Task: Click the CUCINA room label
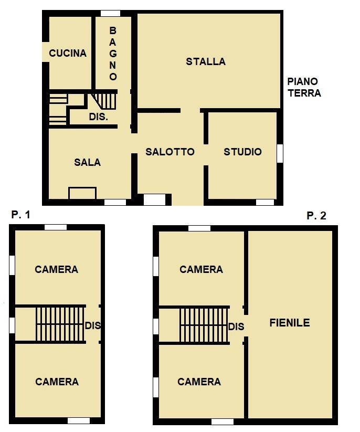pos(68,53)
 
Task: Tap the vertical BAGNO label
pos(113,54)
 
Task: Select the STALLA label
pos(206,61)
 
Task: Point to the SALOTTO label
pos(170,152)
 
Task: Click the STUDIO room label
pos(242,152)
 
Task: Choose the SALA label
pos(87,162)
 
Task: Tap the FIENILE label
pos(290,323)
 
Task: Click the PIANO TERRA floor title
pos(304,87)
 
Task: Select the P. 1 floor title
pos(20,215)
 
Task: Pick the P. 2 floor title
pos(316,215)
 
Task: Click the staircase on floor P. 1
pos(60,324)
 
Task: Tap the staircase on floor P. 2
pos(204,325)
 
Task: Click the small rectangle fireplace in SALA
pos(82,193)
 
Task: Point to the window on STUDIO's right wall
pos(280,153)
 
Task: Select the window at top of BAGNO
pos(110,14)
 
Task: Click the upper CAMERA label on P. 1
pos(57,269)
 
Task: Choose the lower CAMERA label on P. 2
pos(199,382)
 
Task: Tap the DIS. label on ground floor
pos(98,117)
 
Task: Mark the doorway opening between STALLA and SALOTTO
pos(190,110)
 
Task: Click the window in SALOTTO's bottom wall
pos(154,200)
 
